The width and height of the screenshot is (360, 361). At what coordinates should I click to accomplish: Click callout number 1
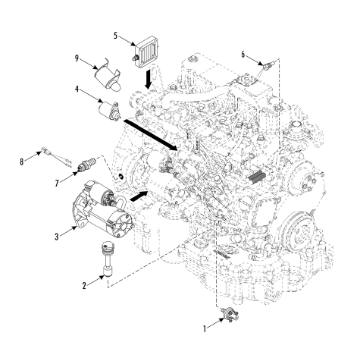coord(205,329)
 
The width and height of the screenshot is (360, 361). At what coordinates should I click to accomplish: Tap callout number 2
coord(84,286)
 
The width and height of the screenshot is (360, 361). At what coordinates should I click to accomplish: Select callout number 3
coord(57,237)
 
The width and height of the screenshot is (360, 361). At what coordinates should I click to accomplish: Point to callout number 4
coord(77,89)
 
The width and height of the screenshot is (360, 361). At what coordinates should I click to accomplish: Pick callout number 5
coord(115,36)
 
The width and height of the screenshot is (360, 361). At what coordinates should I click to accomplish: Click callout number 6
coord(243,55)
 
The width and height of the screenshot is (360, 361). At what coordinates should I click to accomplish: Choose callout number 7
coord(57,184)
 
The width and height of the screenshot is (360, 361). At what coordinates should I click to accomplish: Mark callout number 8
coord(22,162)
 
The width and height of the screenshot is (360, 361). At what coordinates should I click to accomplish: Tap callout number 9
coord(77,58)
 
